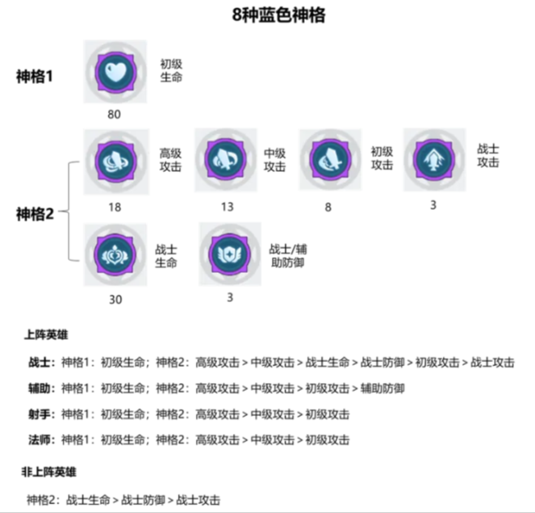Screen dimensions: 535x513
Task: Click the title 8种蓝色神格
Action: (x=278, y=15)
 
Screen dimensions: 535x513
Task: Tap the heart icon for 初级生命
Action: (x=115, y=72)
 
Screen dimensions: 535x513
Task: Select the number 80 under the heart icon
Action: (x=114, y=115)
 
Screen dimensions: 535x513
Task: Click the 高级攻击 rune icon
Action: (x=116, y=162)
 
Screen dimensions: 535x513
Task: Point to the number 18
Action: (x=115, y=208)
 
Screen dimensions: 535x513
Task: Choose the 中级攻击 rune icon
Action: (x=225, y=160)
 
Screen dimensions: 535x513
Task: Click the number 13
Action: (x=228, y=207)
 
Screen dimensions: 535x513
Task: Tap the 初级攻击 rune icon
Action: (x=330, y=159)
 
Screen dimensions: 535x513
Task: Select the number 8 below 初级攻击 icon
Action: (x=328, y=208)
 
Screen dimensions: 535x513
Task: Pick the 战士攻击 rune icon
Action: (x=434, y=160)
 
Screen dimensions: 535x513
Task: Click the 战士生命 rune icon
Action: (x=115, y=254)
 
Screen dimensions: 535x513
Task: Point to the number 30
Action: (x=115, y=300)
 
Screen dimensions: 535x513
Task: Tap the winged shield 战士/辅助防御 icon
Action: (x=230, y=254)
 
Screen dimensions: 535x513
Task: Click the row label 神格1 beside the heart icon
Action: (x=35, y=77)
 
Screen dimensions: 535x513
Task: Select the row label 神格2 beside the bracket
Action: (x=36, y=214)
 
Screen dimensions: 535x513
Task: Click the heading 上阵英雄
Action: (x=46, y=335)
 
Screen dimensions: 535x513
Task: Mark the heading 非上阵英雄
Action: (x=48, y=473)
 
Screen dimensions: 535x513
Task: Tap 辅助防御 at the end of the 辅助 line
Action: (x=382, y=389)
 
